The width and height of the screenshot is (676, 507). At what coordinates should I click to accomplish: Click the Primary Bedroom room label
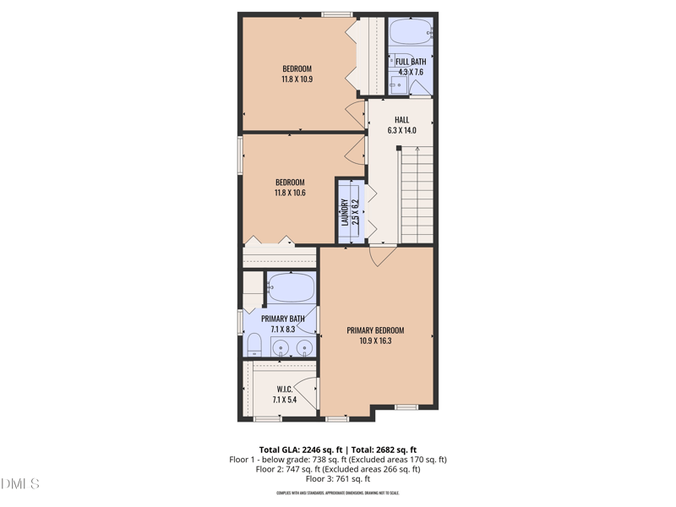point(375,330)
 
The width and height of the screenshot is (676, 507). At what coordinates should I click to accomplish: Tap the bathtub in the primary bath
point(291,288)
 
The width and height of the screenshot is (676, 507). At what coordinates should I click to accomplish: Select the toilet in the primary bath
point(253,343)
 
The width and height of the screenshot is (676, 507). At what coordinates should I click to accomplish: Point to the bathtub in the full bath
point(411,34)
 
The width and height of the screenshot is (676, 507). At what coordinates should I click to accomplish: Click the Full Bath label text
point(411,62)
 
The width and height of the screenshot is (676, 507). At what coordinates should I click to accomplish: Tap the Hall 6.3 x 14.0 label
point(401,125)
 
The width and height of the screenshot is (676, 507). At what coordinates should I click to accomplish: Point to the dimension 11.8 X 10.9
point(297,79)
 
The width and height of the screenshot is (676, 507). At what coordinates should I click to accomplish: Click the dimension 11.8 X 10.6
point(290,194)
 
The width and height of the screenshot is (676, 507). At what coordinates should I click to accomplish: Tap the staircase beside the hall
point(417,194)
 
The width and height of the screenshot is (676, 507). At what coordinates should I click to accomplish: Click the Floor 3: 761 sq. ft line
point(337,479)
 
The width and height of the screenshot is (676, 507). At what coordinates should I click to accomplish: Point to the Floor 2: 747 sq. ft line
point(337,469)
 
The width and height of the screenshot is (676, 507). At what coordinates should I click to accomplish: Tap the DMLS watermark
point(20,484)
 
